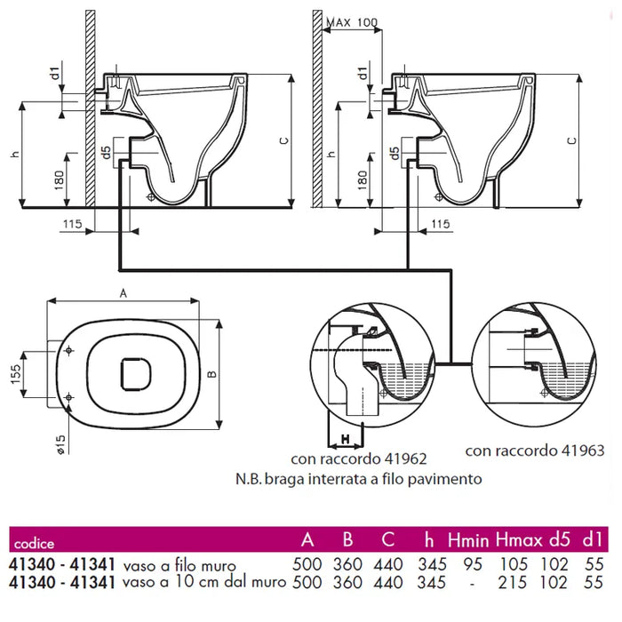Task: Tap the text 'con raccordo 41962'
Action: click(359, 459)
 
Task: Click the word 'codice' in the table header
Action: click(34, 543)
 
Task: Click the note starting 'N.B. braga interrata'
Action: click(359, 479)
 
